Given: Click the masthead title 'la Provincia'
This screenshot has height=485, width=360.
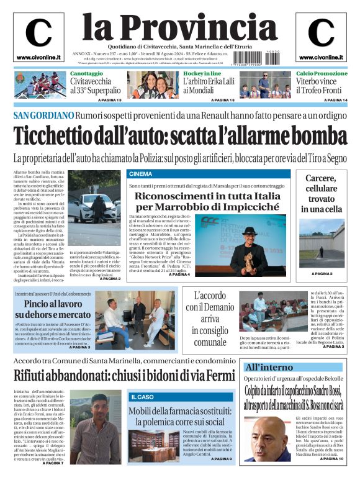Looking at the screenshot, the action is (180, 27).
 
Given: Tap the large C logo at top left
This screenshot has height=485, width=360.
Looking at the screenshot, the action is (38, 33).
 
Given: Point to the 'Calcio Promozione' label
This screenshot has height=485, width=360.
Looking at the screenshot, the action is (322, 73).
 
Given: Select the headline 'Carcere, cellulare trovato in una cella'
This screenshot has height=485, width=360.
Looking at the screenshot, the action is (321, 193).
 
